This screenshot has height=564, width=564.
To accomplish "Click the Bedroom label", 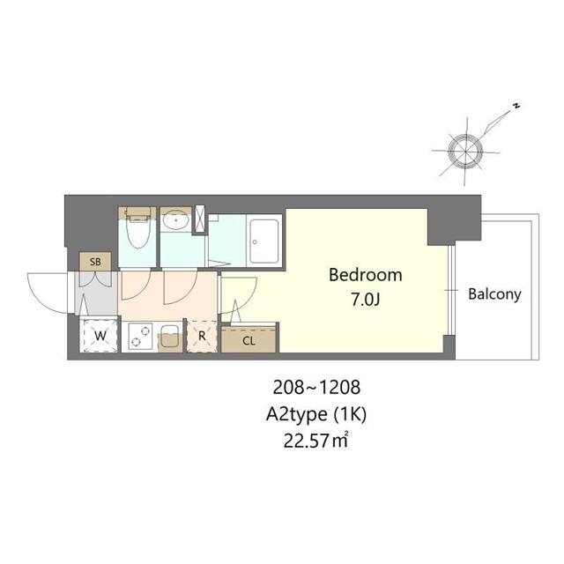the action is coord(366,275).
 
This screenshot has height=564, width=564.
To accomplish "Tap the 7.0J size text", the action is coord(366,300).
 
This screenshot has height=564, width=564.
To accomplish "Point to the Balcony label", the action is coord(494,294).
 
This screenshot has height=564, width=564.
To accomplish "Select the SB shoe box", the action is coord(95,262).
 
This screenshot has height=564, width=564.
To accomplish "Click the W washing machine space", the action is coord(100,335).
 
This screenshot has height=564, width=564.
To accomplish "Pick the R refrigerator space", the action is coord(202,336).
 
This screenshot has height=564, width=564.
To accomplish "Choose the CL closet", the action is coord(249,339).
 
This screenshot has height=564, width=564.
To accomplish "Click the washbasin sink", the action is coord(175,219).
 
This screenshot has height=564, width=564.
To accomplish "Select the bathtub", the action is coord(264,241).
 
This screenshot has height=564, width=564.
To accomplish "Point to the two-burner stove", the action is coord(140,337).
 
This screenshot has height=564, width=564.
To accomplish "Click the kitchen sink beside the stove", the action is coord(169,337).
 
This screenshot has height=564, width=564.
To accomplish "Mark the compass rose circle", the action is coord(465,152).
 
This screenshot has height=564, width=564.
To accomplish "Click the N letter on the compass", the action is coord(516,106).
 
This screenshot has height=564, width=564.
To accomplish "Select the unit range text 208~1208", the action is coord(316,388).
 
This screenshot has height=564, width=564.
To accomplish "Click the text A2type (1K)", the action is coord(316,414).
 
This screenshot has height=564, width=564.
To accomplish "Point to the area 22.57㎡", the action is coord(315,441).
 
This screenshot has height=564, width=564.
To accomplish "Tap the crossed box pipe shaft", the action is coord(200,218).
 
